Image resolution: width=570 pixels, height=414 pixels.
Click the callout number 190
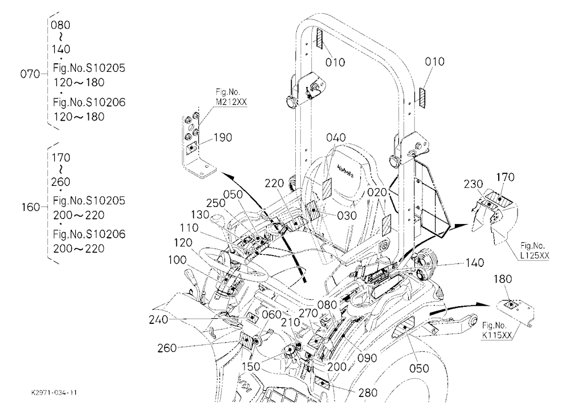click(222, 137)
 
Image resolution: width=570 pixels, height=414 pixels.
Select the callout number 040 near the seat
click(336, 137)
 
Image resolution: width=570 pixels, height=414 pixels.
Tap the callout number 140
click(474, 263)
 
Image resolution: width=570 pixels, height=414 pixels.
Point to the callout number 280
click(368, 392)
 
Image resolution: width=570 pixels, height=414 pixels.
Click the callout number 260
click(167, 348)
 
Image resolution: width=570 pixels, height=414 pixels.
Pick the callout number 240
click(158, 320)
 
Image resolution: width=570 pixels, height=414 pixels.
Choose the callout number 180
click(503, 279)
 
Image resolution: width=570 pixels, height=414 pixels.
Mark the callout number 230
click(473, 184)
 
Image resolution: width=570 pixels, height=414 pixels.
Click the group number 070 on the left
click(30, 74)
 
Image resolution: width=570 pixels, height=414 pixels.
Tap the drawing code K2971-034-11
click(54, 393)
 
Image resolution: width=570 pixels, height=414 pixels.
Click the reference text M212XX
click(231, 102)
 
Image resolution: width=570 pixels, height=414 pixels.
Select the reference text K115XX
click(496, 335)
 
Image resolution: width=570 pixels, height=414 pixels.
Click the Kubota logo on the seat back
click(346, 170)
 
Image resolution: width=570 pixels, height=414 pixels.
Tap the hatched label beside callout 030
click(313, 210)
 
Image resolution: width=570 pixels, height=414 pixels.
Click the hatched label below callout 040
click(327, 189)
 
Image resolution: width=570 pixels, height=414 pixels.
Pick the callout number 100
click(177, 260)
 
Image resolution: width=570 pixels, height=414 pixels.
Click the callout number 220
click(274, 183)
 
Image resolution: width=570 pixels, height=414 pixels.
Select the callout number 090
click(367, 358)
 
